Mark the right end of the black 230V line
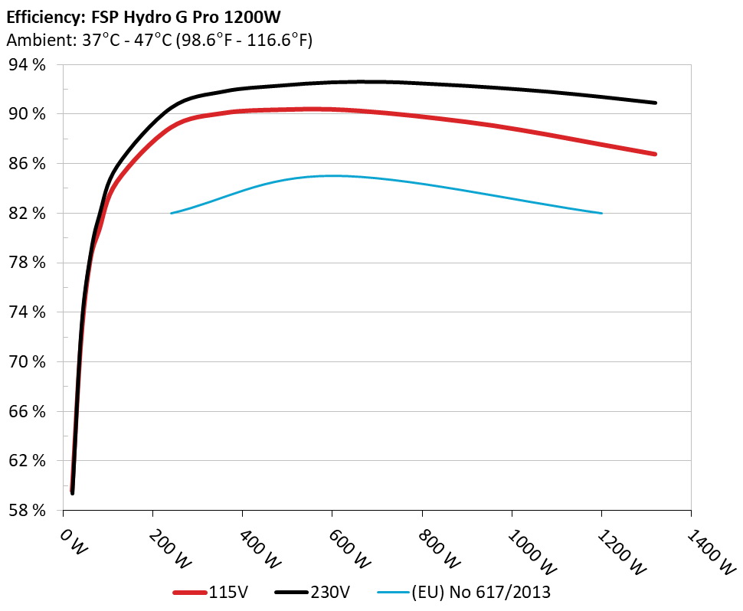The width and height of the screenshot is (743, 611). tap(656, 103)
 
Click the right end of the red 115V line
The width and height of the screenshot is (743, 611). tap(656, 154)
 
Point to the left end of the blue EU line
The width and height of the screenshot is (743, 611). tap(171, 213)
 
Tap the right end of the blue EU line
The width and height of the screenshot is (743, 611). tap(602, 213)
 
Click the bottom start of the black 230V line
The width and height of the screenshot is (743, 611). tap(73, 493)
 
